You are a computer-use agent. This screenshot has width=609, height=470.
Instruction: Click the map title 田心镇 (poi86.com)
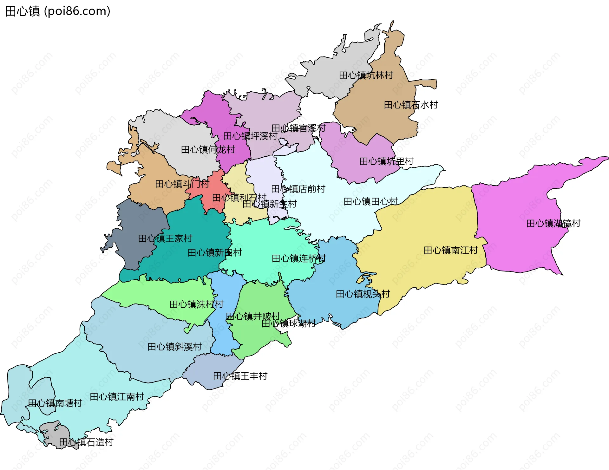[x=58, y=11]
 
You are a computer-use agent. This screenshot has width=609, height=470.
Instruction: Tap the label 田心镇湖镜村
[x=553, y=223]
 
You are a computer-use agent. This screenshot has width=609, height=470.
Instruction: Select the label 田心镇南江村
[x=450, y=250]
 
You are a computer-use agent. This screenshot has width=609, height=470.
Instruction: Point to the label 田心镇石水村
[x=411, y=105]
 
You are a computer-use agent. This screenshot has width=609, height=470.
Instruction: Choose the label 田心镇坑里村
[x=386, y=161]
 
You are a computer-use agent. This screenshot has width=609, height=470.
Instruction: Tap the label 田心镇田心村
[x=370, y=201]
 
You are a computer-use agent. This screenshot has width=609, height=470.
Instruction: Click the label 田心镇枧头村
[x=363, y=294]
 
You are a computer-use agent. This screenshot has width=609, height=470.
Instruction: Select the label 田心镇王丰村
[x=240, y=376]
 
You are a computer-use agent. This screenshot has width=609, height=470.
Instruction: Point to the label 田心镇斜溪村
[x=174, y=347]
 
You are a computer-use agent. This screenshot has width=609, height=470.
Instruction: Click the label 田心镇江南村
[x=117, y=396]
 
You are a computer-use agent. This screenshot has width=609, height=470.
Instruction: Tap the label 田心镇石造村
[x=86, y=442]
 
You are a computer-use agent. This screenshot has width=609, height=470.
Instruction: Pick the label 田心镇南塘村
[x=55, y=403]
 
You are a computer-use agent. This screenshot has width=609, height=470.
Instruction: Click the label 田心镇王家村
[x=165, y=238]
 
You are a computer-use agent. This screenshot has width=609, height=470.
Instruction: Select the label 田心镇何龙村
[x=208, y=149]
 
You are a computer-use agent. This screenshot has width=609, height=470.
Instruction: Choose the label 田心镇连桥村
[x=298, y=258]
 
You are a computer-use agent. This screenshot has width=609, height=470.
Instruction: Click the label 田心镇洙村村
[x=196, y=304]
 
